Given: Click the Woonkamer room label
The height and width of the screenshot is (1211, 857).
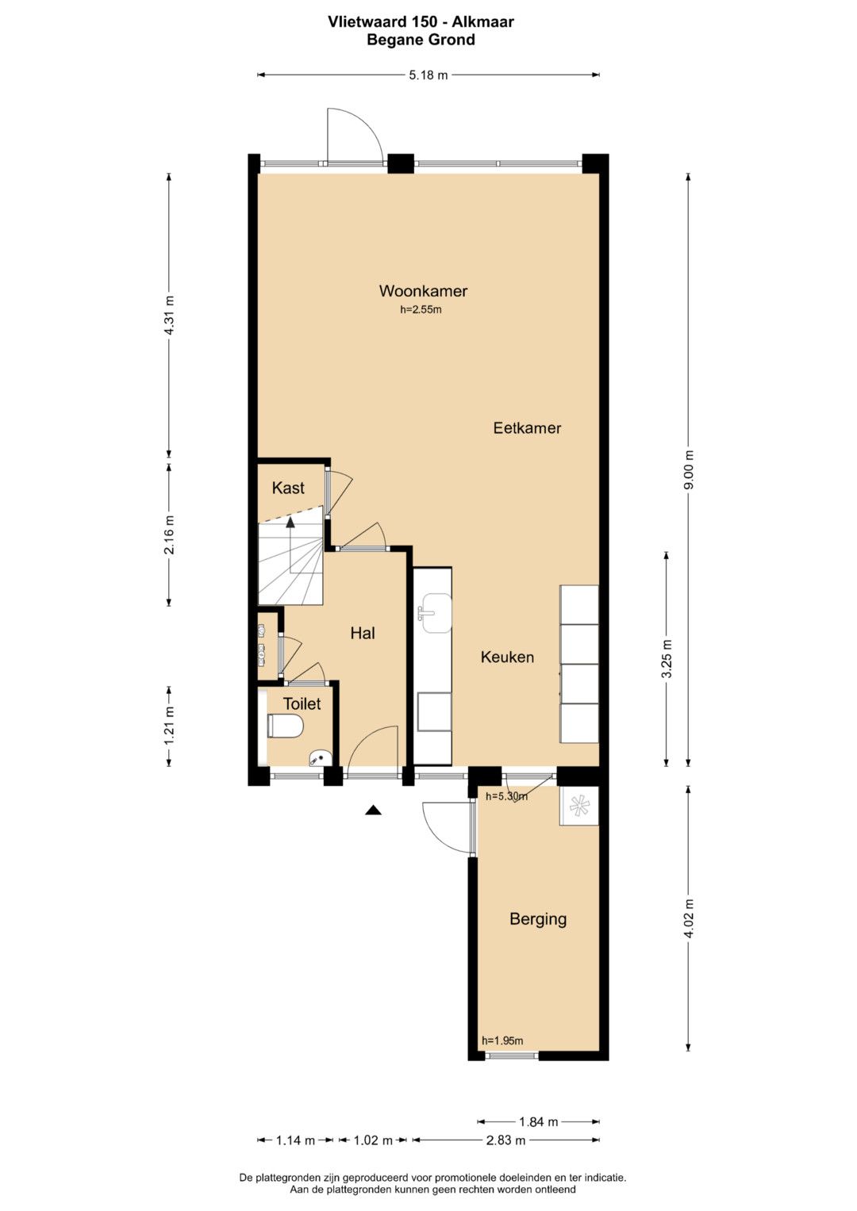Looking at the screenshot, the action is (x=423, y=291).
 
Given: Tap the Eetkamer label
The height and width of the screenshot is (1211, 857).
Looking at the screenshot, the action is (x=527, y=428).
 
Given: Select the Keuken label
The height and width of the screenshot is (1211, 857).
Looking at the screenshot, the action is (x=508, y=657).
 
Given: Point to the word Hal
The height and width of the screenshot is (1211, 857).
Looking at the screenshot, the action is (x=363, y=633).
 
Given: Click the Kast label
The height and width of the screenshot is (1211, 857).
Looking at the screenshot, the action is (x=288, y=488).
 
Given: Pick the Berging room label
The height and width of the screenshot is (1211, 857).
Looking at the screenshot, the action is (x=538, y=919).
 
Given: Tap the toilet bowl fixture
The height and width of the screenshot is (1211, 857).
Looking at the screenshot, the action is (x=285, y=726).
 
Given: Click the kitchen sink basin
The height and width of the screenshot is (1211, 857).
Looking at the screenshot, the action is (x=436, y=612).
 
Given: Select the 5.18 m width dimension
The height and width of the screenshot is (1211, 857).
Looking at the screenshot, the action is (x=428, y=75).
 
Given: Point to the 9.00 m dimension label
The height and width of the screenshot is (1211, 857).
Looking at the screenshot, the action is (x=689, y=469).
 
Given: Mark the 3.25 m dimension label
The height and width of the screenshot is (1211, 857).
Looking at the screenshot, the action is (x=667, y=658).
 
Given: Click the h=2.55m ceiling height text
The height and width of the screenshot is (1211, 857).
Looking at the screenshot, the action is (x=421, y=310).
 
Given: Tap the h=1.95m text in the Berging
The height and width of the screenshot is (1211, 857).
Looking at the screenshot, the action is (x=502, y=1040).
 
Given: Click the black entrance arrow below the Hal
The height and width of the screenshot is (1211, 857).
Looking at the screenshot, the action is (x=373, y=809).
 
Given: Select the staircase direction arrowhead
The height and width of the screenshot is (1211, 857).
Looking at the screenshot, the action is (x=290, y=522).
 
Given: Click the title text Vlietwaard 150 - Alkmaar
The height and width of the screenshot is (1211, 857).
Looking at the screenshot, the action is (x=421, y=21).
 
